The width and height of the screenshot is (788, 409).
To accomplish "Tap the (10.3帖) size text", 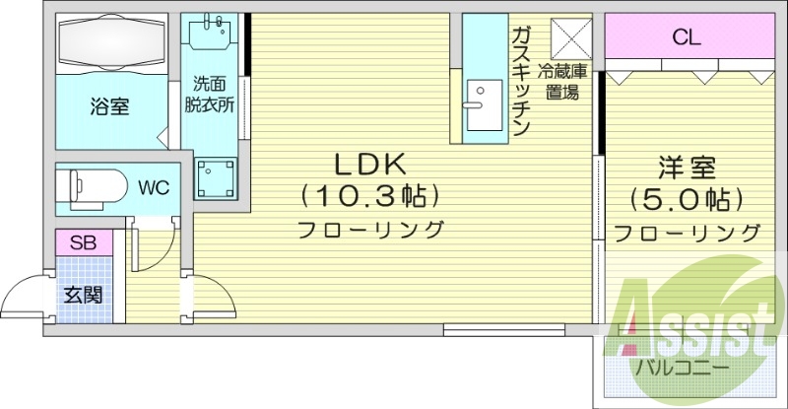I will coord(368,197).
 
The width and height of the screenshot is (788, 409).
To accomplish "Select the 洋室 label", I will coord(687,168).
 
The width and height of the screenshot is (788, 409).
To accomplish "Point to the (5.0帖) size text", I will coord(687,200).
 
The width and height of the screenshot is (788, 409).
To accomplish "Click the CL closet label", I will coord(687,38).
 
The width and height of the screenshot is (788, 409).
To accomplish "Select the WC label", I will coord(152,185).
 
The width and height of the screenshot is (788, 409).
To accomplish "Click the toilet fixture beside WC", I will coord(92,185).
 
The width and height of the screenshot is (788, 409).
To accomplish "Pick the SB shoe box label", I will coord(83,241).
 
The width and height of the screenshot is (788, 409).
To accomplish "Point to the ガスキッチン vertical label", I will coord(521,79).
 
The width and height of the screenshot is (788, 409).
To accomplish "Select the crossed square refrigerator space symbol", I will coord(569,37).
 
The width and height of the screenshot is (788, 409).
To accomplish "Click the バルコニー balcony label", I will coord(681,367).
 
